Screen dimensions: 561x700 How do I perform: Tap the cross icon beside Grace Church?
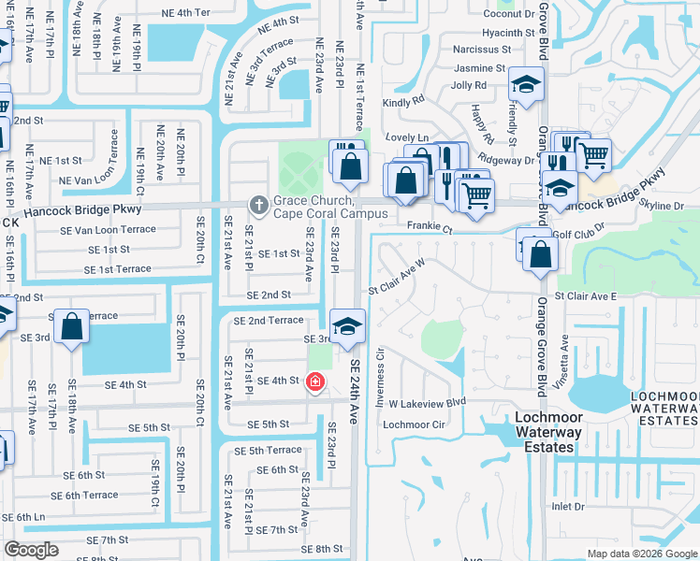(x=258, y=203)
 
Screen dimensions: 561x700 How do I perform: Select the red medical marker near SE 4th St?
(x=315, y=381)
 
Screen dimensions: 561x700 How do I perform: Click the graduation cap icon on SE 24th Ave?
(x=347, y=325)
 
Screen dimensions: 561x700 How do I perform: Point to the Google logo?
(x=31, y=550)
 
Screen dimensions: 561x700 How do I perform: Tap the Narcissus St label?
(x=478, y=50)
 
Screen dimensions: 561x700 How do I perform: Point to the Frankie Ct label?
(x=430, y=227)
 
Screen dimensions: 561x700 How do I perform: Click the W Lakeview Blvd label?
(x=428, y=403)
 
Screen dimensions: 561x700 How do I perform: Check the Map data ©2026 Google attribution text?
(x=641, y=554)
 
